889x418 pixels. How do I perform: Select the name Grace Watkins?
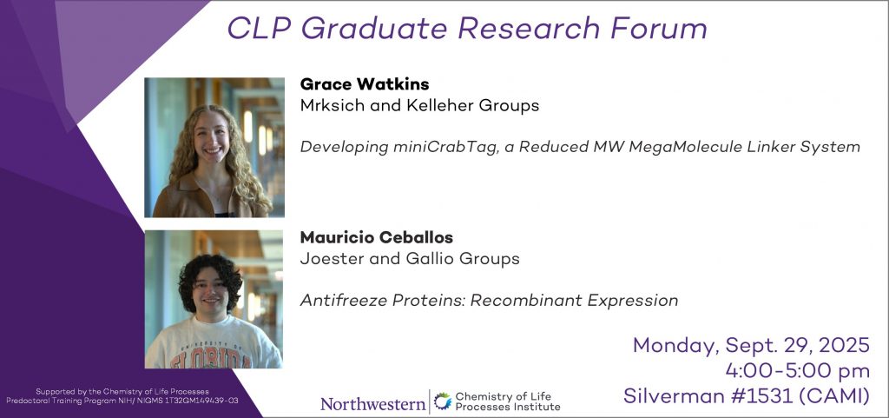365,84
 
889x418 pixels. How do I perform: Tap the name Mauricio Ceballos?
377,237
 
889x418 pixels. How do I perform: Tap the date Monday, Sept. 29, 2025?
751,345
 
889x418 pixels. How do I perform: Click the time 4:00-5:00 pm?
798,371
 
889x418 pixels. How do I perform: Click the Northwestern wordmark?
372,404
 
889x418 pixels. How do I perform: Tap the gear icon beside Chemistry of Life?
442,401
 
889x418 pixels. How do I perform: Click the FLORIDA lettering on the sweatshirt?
211,359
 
